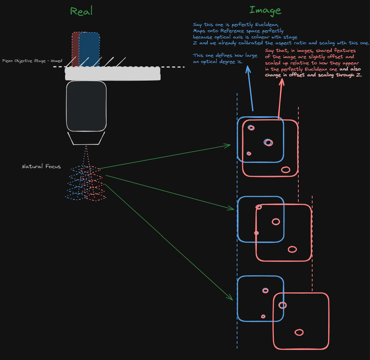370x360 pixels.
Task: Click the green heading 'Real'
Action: click(x=81, y=11)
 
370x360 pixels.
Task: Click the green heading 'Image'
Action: click(x=265, y=10)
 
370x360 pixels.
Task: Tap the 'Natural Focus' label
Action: click(x=41, y=167)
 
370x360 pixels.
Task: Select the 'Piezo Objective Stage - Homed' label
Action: click(x=32, y=61)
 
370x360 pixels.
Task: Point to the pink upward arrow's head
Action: click(x=282, y=79)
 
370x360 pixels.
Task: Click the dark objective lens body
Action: click(x=86, y=106)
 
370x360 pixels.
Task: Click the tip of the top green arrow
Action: click(x=230, y=145)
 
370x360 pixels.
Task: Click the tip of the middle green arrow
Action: click(x=234, y=209)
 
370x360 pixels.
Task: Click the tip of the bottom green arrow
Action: click(x=232, y=299)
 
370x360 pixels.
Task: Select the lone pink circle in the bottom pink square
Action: click(x=299, y=332)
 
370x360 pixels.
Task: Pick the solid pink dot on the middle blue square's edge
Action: click(x=256, y=233)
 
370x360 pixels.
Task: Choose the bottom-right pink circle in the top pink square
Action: click(x=286, y=169)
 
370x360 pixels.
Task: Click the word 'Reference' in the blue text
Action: click(x=233, y=31)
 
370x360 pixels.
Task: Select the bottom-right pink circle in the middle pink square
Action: click(x=292, y=249)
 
